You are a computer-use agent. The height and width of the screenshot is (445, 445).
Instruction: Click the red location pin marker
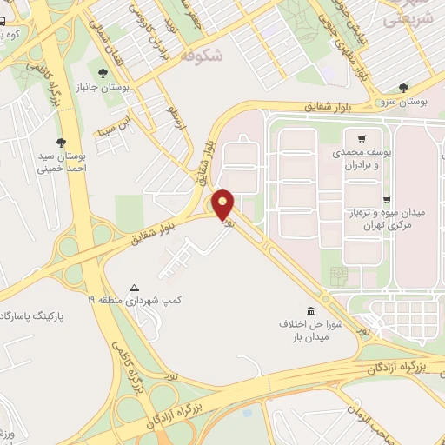point(223,205)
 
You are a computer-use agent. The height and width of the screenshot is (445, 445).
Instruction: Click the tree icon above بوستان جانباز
point(103,74)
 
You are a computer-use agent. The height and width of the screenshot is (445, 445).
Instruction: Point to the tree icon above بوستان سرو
point(403,88)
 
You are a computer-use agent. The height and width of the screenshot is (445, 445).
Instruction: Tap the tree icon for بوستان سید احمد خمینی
point(61,142)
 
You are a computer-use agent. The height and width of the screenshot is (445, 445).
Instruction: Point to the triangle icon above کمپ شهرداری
point(134,287)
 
